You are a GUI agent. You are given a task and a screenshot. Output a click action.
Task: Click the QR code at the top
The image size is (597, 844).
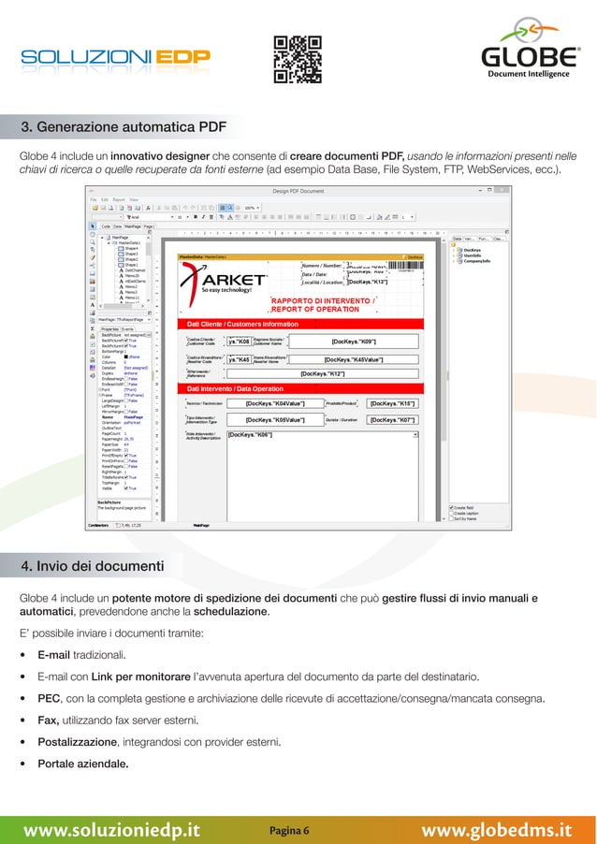click(297, 59)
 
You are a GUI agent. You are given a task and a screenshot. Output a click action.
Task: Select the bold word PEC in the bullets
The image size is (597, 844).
click(50, 698)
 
